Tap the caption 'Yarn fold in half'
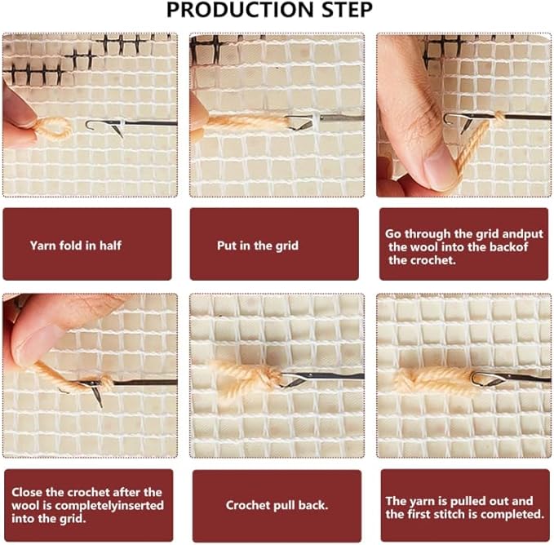[x=76, y=245]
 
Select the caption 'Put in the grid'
[x=258, y=246]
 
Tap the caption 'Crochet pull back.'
[x=277, y=505]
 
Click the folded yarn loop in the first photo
[x=53, y=129]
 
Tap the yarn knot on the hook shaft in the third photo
[x=499, y=117]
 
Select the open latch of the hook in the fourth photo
[x=96, y=397]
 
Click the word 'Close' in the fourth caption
[x=28, y=492]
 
